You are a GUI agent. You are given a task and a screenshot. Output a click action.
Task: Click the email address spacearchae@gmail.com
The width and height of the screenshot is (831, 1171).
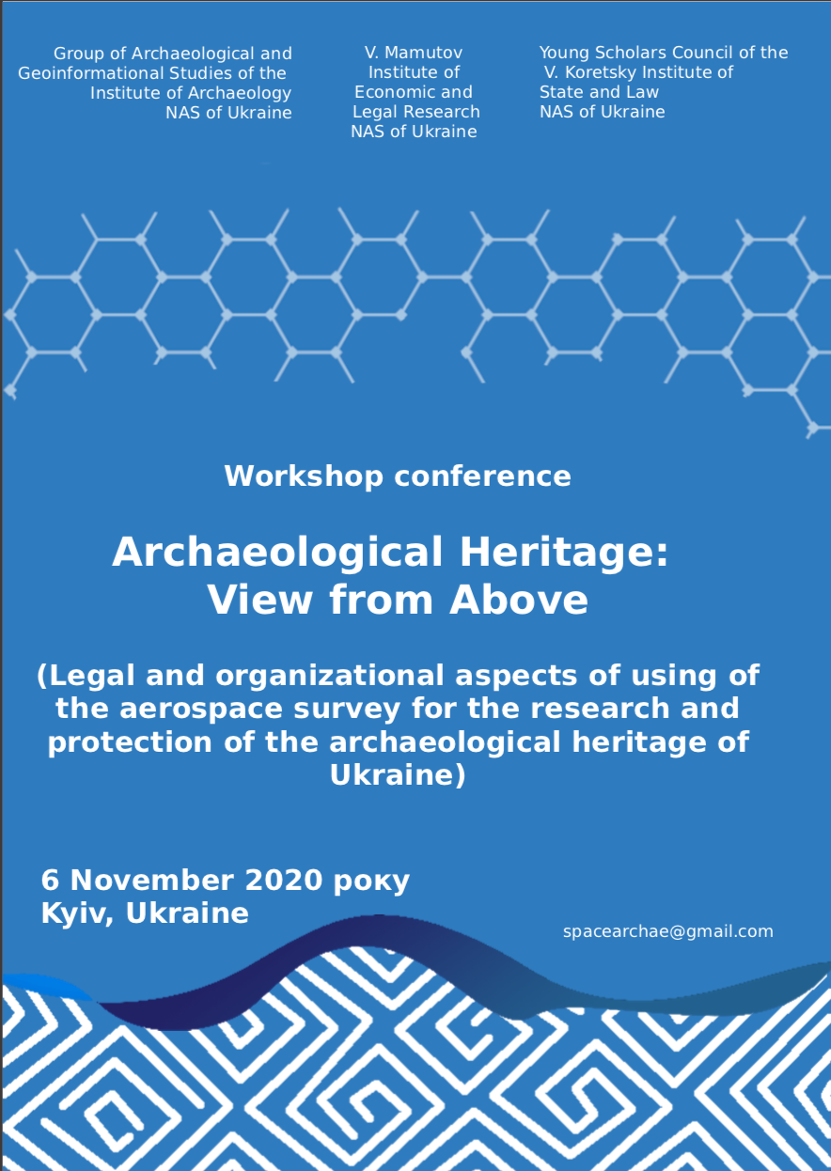coord(667,931)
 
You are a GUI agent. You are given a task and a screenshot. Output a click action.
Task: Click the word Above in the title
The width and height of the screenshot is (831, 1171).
coord(519,601)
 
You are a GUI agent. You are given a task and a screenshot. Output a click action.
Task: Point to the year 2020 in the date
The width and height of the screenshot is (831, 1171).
coord(284,880)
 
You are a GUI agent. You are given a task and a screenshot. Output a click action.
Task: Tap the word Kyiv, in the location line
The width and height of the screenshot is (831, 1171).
coord(77,913)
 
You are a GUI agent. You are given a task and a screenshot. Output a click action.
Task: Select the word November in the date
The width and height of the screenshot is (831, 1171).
coord(152,880)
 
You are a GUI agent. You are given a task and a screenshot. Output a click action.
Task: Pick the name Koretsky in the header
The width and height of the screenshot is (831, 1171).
coord(597,72)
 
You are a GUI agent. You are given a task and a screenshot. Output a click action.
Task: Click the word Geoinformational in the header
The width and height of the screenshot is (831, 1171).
coord(91,73)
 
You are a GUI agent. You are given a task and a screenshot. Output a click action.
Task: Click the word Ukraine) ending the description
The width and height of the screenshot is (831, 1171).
coord(398,775)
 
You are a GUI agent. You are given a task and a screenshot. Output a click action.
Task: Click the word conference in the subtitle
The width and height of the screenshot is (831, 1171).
coord(482,476)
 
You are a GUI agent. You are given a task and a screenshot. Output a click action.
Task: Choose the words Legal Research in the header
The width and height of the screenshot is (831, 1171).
coord(416,112)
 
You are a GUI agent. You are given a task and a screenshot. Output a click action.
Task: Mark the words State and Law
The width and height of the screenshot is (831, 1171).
coord(599,92)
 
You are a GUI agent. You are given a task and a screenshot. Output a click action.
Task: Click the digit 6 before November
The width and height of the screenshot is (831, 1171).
coord(50,880)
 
